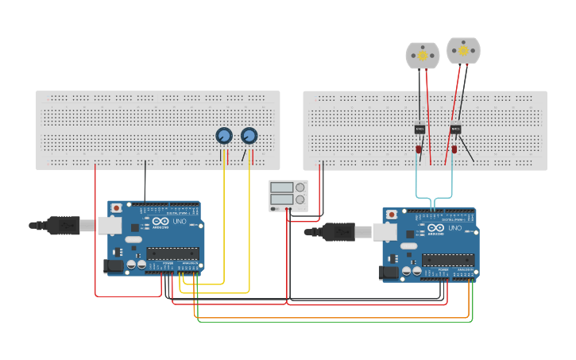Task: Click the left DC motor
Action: pyautogui.click(x=422, y=56)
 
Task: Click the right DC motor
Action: pyautogui.click(x=463, y=51)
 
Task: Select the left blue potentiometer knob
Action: pyautogui.click(x=224, y=137)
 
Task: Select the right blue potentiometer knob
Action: pyautogui.click(x=249, y=137)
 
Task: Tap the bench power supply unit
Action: pyautogui.click(x=287, y=195)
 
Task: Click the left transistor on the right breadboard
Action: pyautogui.click(x=419, y=129)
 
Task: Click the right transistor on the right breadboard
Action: pyautogui.click(x=455, y=129)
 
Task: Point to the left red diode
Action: pyautogui.click(x=419, y=149)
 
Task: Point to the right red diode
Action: pyautogui.click(x=454, y=149)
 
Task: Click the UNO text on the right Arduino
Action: pyautogui.click(x=455, y=228)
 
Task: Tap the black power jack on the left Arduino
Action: pyautogui.click(x=114, y=266)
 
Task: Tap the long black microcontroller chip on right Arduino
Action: pyautogui.click(x=447, y=260)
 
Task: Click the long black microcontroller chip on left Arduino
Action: pyautogui.click(x=172, y=254)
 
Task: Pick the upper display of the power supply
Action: pyautogui.click(x=281, y=188)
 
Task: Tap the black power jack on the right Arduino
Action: pyautogui.click(x=389, y=273)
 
